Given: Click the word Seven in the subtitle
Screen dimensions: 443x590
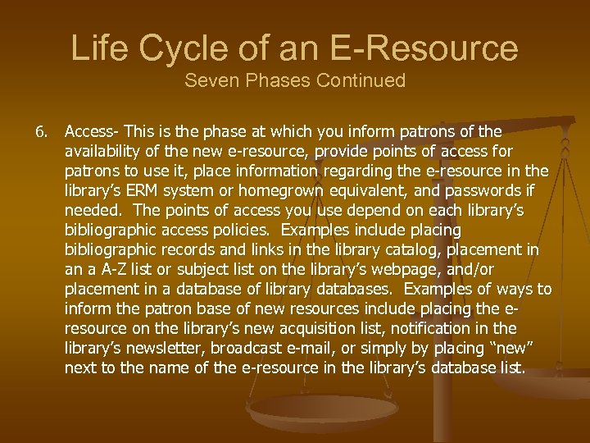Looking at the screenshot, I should [209, 81].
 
